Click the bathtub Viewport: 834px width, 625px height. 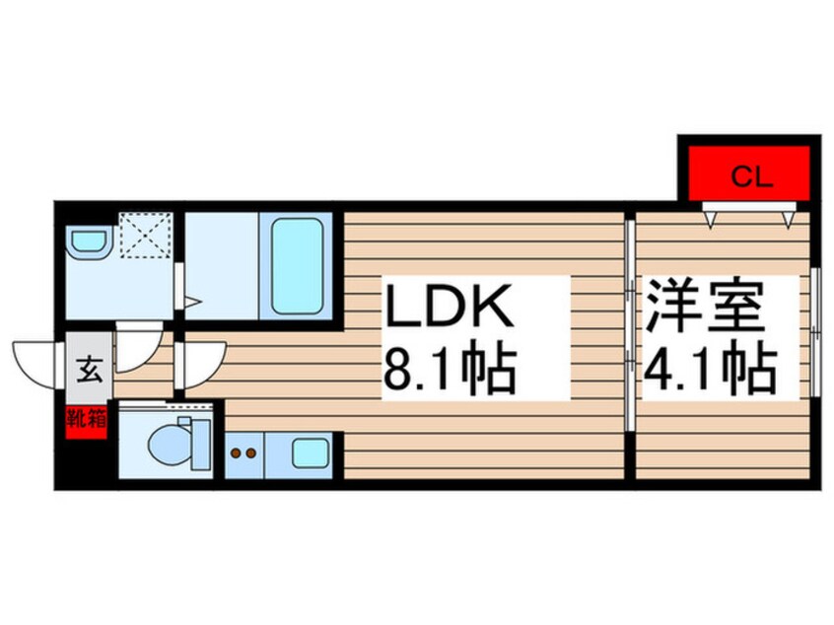pos(298,263)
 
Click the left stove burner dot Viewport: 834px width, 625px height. pos(237,454)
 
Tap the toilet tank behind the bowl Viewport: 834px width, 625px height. pos(198,444)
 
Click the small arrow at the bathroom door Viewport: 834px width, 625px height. pos(195,301)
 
